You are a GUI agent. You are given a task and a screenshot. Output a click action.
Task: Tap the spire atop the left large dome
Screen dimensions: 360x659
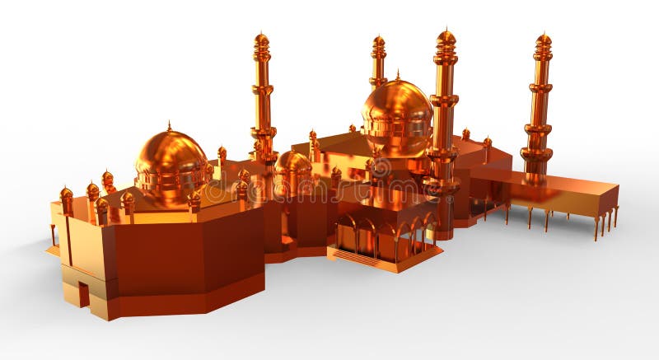pos(169,126)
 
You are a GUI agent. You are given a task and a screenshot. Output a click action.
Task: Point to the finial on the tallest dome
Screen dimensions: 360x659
pos(397,75)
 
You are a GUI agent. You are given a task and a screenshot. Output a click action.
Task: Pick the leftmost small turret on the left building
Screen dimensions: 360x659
pos(66,197)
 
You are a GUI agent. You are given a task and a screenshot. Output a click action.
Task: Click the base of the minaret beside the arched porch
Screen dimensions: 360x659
pos(443,227)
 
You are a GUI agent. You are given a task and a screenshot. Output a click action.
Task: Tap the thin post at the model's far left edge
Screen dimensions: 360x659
pos(54,235)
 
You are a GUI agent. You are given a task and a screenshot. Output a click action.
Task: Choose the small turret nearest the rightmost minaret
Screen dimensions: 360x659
pos(487,144)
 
